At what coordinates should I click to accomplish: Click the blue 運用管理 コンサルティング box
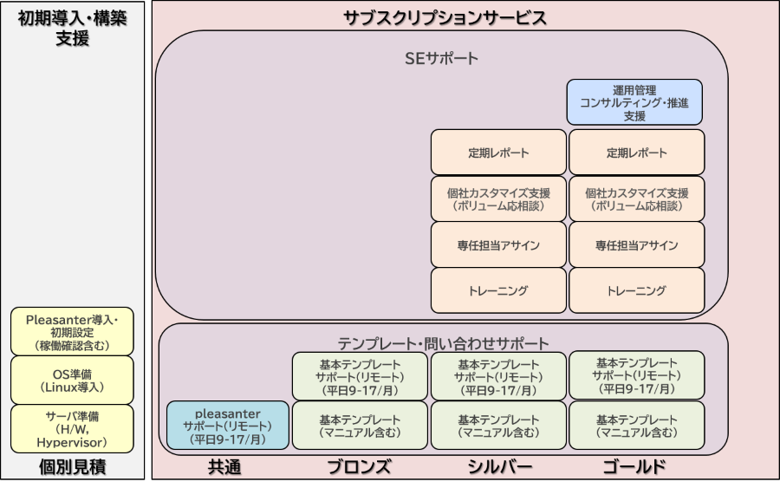click(x=634, y=102)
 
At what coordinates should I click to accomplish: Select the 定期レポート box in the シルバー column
click(x=498, y=153)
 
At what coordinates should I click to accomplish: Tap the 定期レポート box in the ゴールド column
click(x=637, y=153)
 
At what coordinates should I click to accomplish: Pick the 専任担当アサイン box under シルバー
click(x=498, y=244)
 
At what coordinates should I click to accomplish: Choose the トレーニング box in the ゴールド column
click(x=637, y=290)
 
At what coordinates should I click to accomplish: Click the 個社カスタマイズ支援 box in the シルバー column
click(x=498, y=198)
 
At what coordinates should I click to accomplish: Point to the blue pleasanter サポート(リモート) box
click(x=228, y=426)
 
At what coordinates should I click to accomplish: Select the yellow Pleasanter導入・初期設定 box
click(x=72, y=331)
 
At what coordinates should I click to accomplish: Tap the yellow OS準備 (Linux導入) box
click(x=72, y=380)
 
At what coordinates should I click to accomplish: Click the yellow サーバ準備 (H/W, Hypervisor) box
click(x=72, y=429)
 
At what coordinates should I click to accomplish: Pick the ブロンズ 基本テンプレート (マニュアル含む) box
click(x=360, y=426)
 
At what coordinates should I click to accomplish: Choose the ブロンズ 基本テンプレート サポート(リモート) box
click(x=360, y=376)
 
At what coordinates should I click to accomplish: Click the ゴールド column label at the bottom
click(x=634, y=466)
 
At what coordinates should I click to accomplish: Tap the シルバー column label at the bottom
click(x=499, y=466)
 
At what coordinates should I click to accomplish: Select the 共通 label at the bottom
click(x=224, y=466)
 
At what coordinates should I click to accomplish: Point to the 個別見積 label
click(x=73, y=466)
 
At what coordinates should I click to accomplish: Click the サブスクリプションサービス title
click(x=445, y=18)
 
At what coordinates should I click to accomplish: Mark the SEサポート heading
click(x=441, y=58)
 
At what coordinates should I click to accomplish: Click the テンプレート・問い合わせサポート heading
click(x=443, y=343)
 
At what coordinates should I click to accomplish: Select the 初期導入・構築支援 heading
click(x=73, y=28)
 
